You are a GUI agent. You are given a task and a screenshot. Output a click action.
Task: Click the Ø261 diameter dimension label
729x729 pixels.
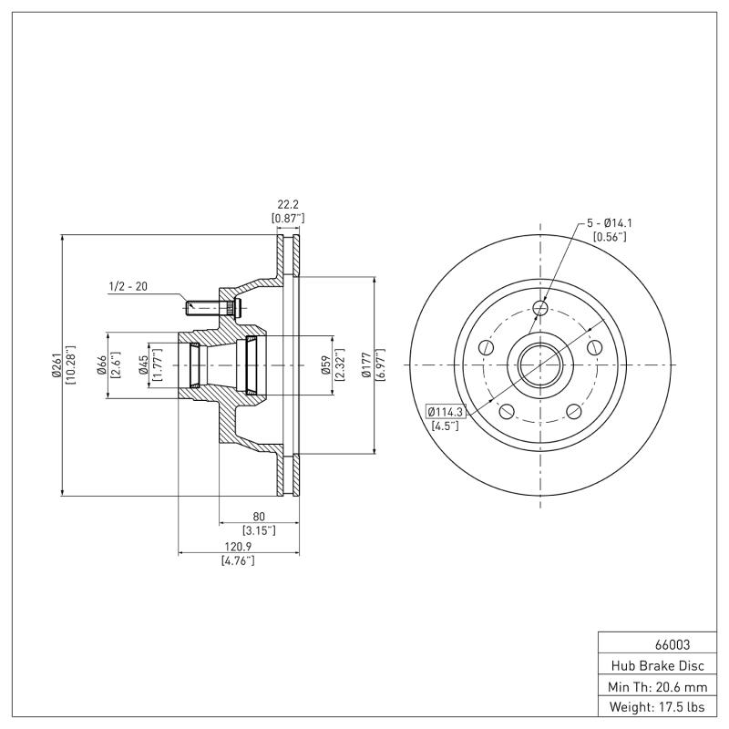[56, 365]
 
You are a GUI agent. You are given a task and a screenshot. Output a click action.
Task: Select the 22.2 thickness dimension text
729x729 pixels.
[287, 205]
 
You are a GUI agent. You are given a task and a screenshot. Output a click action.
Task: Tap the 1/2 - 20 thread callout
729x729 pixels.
[128, 287]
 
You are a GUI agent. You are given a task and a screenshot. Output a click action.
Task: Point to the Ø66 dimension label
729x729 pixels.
[101, 365]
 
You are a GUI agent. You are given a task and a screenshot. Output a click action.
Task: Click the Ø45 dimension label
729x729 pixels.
[144, 365]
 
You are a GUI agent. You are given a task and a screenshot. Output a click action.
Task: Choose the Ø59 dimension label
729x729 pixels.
[326, 365]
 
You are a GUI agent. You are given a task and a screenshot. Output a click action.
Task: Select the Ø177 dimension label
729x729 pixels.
[367, 365]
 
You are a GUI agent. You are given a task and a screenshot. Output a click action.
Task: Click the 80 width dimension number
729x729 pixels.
[259, 516]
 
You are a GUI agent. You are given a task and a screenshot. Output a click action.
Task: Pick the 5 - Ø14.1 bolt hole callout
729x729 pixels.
[610, 223]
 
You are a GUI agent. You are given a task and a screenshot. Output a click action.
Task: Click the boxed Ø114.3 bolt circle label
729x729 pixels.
[446, 412]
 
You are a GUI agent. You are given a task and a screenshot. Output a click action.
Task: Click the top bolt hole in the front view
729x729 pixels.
[540, 309]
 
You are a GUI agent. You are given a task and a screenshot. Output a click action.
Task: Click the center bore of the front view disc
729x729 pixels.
[540, 364]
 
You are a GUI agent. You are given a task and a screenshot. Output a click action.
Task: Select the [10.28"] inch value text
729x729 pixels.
[70, 365]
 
